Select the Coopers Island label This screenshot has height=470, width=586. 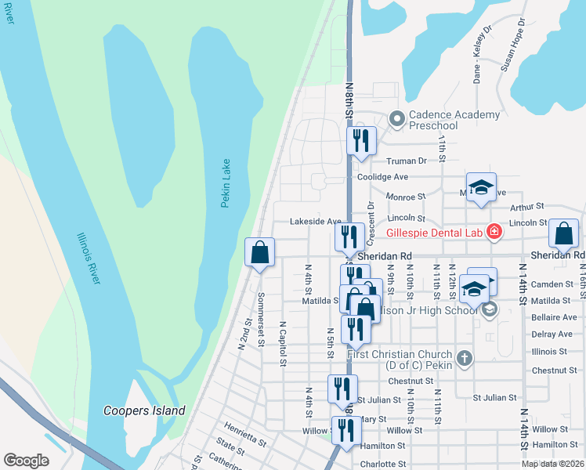click(144, 410)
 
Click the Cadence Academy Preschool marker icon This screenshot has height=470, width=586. click(396, 120)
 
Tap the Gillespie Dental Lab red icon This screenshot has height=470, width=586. click(494, 232)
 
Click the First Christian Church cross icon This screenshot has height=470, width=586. click(465, 360)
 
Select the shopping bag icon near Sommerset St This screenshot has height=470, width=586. click(260, 252)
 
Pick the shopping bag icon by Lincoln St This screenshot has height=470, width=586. click(563, 233)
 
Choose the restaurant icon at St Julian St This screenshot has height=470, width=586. click(342, 389)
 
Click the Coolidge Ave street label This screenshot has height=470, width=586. click(383, 177)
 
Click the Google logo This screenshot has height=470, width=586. click(26, 460)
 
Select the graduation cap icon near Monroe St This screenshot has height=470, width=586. click(481, 186)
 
